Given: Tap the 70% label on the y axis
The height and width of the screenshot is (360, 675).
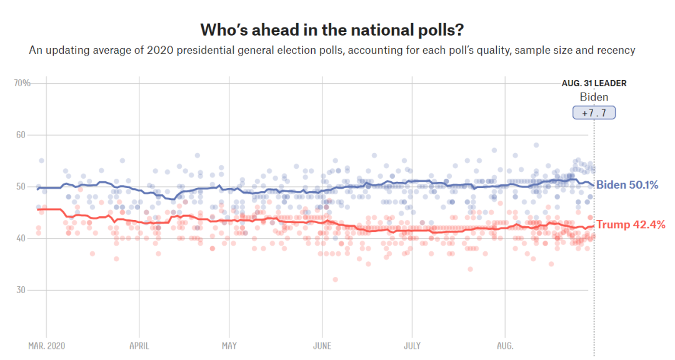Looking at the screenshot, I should pos(22,83).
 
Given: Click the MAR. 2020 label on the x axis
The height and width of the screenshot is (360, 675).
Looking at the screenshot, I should pos(46,346).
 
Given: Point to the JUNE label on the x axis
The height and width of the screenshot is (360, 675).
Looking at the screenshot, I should pos(321,346).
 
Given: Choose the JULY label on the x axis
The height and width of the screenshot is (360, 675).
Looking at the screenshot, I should pos(412,346).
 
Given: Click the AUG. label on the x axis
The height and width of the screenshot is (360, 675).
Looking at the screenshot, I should pos(504,346).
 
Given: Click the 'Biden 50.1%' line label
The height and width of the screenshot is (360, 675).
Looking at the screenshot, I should pos(627,185).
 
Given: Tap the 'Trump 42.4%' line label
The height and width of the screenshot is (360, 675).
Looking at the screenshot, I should pos(631,225).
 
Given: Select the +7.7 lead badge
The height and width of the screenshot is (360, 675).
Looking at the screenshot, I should pos(594,113).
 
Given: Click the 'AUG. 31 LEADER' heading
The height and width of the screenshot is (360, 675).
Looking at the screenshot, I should pos(594,83).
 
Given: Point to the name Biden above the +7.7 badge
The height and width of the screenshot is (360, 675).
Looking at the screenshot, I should pos(594,97).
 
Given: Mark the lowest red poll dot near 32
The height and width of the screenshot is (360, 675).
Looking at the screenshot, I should pos(335,279).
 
